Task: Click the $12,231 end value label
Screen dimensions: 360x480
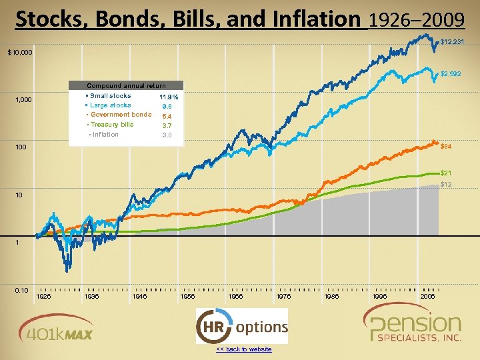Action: point(452,42)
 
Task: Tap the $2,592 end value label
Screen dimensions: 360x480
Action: point(451,73)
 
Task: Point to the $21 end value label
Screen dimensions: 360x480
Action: point(445,173)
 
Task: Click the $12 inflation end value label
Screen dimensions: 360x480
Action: point(446,184)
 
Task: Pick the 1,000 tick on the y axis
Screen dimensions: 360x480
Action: point(24,100)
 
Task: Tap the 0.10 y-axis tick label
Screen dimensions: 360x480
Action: point(21,290)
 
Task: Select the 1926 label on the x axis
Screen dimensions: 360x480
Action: point(43,296)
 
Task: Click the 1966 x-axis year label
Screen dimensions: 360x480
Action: point(236,296)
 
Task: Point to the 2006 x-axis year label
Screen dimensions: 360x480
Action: point(429,296)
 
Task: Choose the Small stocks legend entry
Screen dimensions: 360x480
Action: point(110,96)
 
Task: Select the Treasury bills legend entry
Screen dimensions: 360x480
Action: point(111,124)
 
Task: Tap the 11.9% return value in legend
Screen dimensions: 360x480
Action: point(169,97)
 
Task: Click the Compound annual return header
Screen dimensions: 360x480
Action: point(127,85)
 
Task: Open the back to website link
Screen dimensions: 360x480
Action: point(243,349)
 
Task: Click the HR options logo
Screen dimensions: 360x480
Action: point(242,327)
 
